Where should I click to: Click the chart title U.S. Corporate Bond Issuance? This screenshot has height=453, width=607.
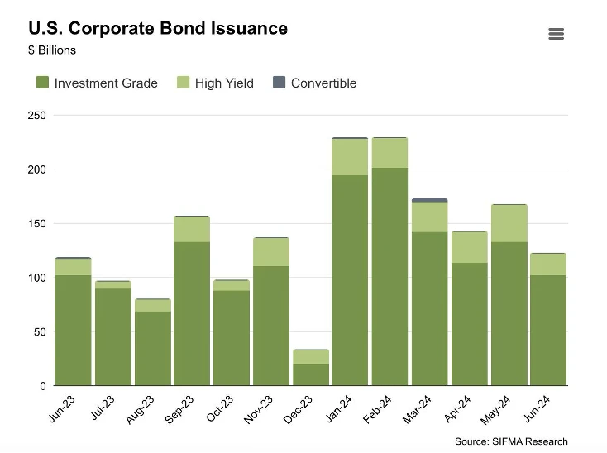tap(158, 28)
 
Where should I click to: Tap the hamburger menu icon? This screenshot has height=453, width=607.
tap(556, 34)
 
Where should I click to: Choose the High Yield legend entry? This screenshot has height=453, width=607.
tap(215, 83)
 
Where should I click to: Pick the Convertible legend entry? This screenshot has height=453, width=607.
tap(314, 83)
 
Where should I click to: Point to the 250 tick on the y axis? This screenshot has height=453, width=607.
tap(36, 115)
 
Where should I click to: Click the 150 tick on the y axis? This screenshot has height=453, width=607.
tap(36, 223)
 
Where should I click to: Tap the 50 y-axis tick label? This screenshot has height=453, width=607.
tap(39, 331)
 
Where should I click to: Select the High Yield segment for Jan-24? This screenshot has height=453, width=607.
tap(350, 157)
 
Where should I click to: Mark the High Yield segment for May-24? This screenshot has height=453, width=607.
tap(509, 223)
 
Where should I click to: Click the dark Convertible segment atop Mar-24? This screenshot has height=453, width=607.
tap(429, 200)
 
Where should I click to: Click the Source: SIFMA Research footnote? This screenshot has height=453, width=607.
tap(511, 441)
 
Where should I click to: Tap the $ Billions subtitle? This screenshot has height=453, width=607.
tap(52, 50)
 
